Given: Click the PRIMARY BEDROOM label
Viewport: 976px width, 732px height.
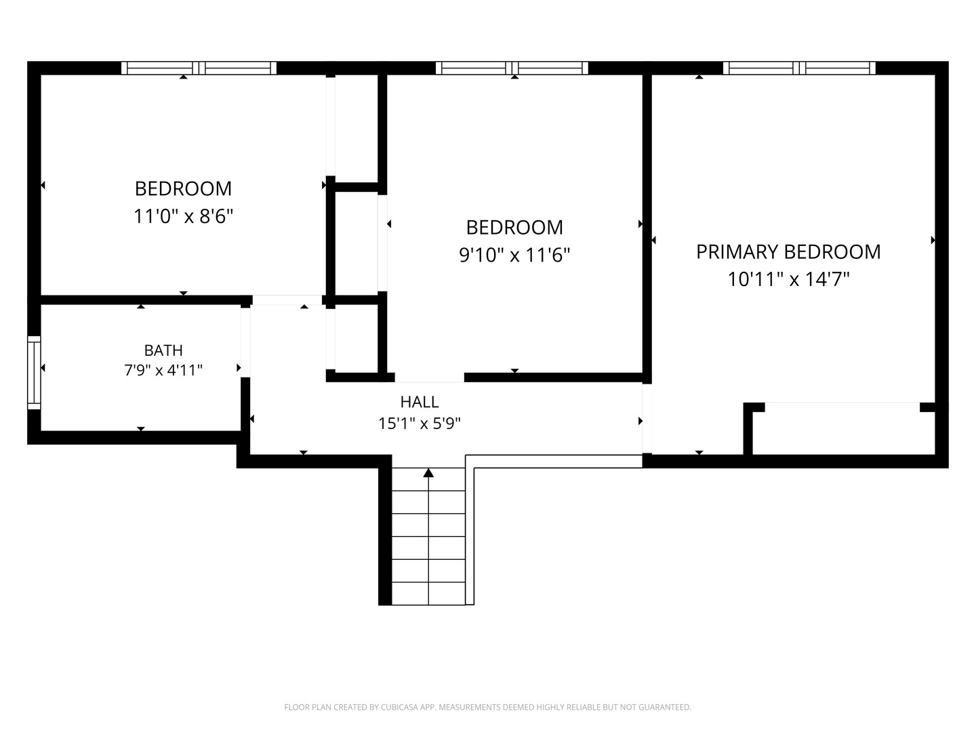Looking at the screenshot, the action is point(788,252).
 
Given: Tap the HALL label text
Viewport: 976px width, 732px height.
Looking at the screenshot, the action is point(420,402).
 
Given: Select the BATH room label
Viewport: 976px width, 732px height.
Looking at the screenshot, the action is point(163,350).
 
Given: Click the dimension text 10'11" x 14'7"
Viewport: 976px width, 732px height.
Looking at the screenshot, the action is point(788,279).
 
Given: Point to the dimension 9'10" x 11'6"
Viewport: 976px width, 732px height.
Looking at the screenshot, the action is point(514,255).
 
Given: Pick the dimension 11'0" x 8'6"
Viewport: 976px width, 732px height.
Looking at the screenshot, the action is point(183,216).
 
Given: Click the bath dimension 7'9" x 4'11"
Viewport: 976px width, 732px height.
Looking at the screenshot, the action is point(163,370).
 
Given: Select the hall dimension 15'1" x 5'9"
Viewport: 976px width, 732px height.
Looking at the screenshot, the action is point(420,424).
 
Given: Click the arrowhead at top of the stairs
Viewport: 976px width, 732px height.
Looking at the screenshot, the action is point(428,472).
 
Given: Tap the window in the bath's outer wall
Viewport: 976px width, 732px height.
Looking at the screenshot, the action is point(35,373).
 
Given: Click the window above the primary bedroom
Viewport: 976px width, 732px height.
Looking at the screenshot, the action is point(799,68).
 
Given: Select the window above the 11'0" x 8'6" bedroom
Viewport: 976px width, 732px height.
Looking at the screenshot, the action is point(199,68).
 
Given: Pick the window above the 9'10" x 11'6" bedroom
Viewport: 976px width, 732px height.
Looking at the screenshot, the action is point(512,68).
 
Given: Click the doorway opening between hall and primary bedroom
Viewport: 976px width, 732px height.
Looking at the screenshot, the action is point(647,419).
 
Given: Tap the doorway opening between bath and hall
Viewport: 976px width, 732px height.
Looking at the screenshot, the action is point(245,342).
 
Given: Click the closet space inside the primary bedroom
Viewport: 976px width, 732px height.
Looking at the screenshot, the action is point(843,429).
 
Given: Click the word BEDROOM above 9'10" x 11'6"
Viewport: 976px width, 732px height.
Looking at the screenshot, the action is point(514,228).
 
